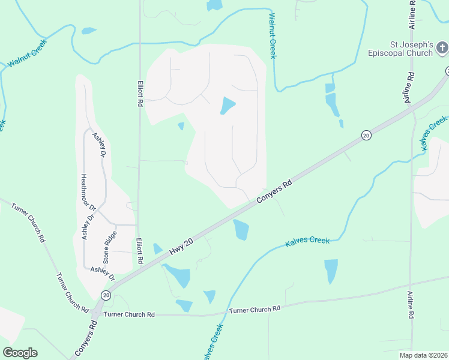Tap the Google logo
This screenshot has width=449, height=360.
click(20, 353)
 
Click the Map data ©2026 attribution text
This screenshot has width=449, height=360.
click(423, 355)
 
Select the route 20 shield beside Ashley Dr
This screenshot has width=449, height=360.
click(106, 295)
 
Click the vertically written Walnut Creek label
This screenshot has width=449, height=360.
click(273, 36)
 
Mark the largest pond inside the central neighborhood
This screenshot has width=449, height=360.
click(228, 106)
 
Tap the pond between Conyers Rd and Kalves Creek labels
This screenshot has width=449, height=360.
click(241, 229)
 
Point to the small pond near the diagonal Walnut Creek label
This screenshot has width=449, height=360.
click(89, 31)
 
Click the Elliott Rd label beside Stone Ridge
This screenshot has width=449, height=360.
click(139, 252)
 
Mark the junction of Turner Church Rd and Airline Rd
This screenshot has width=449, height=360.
click(410, 284)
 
